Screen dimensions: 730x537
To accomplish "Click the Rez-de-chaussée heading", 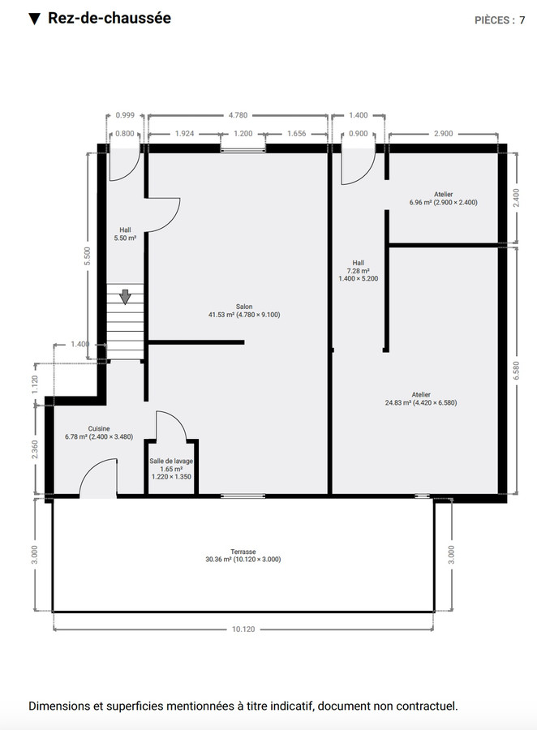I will click(x=109, y=19).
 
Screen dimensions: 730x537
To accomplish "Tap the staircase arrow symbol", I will click(x=124, y=297).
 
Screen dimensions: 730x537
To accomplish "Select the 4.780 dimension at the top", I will click(x=238, y=116).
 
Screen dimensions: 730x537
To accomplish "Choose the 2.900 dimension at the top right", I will click(x=443, y=132).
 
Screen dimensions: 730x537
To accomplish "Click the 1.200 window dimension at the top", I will click(x=243, y=132).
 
